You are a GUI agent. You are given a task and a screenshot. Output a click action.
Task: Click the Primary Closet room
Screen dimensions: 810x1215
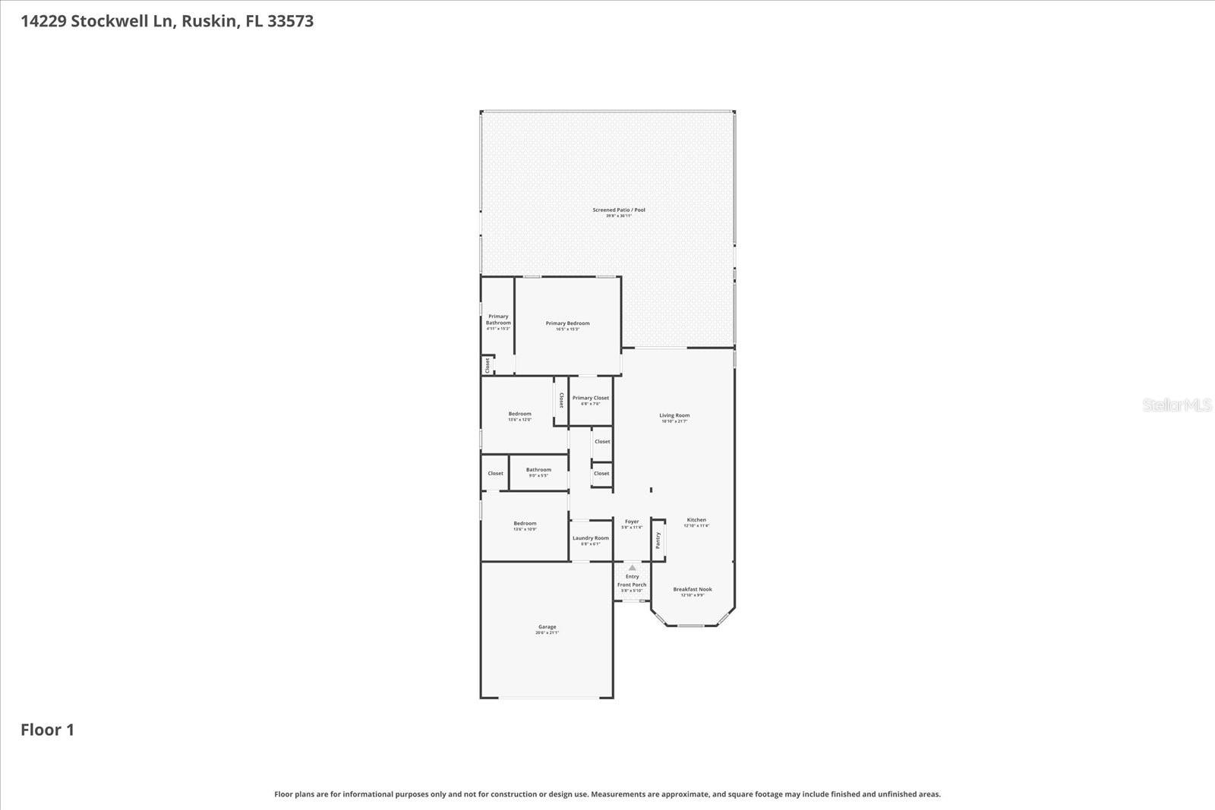pos(590,400)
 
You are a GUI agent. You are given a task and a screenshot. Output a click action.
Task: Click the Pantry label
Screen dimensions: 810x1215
pos(658,540)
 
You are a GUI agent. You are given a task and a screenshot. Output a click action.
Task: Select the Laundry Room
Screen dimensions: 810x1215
pos(590,540)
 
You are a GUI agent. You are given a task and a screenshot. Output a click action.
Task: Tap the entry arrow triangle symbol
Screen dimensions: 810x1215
pos(632,567)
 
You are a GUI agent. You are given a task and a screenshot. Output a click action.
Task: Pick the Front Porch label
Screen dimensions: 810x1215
pos(632,585)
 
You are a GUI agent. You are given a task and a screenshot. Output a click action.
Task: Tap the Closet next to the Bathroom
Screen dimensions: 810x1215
pos(495,473)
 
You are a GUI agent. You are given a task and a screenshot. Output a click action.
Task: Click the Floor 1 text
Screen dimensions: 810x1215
pos(47,730)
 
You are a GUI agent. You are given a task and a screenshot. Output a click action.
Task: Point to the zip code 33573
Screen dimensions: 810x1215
pos(290,20)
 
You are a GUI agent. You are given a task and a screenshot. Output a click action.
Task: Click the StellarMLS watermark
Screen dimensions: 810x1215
pos(1176,405)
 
